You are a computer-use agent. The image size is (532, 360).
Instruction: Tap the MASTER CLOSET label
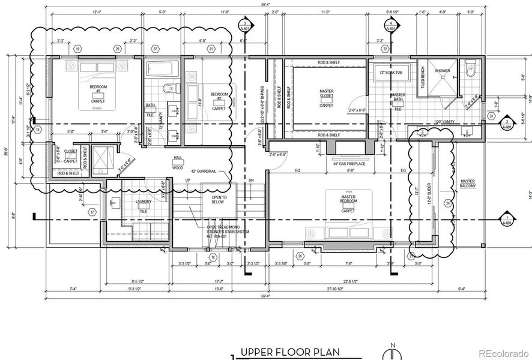(x=326, y=95)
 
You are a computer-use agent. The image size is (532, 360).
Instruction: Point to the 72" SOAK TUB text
(x=390, y=73)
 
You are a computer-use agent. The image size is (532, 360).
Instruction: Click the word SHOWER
(x=443, y=71)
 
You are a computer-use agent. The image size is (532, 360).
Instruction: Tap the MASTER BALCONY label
(x=468, y=184)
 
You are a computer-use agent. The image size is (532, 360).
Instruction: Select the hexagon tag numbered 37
(x=156, y=49)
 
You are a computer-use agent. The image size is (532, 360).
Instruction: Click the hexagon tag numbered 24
(x=448, y=203)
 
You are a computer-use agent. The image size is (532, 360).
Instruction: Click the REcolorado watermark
(x=507, y=352)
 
